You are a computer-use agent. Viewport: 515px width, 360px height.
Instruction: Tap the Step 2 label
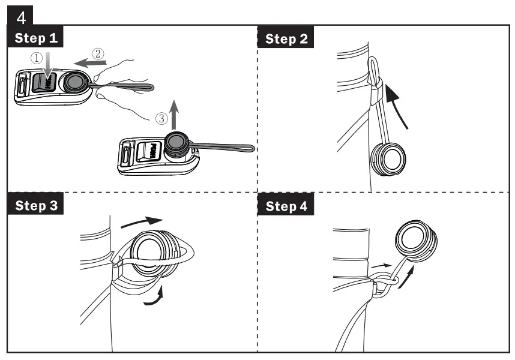coord(287,39)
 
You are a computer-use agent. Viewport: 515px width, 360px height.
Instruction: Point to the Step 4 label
coord(287,206)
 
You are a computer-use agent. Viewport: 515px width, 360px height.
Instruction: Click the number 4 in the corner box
coord(22,13)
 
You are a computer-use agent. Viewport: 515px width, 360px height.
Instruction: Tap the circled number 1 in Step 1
coord(38,59)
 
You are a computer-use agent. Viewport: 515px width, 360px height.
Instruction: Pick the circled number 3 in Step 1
coord(161,118)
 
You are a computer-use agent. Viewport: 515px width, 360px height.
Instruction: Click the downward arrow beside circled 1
coord(50,63)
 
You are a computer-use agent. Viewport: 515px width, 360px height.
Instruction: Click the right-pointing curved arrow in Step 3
coord(142,223)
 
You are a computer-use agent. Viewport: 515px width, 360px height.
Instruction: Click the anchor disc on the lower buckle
coord(176,143)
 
